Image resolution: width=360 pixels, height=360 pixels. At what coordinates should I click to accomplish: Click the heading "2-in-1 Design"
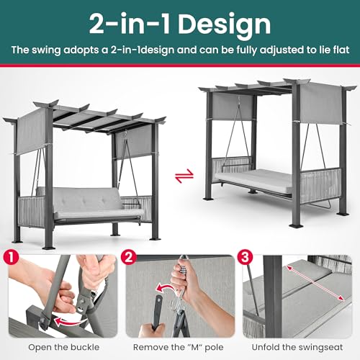[180, 24]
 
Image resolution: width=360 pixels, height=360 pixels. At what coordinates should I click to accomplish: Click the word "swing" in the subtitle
[58, 52]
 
